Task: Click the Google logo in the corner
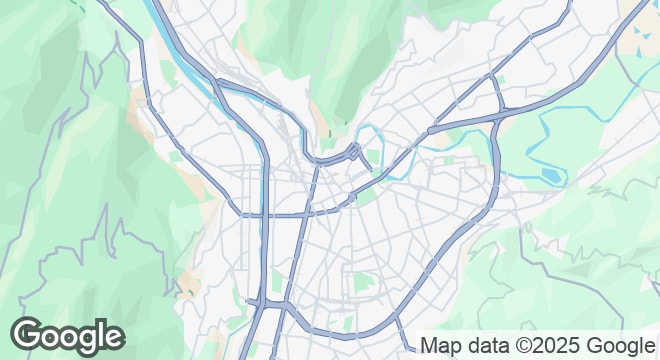point(67,337)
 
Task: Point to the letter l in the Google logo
point(101,334)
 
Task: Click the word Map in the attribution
point(442,346)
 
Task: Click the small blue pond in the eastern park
point(549,177)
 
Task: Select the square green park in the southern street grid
point(362,283)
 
